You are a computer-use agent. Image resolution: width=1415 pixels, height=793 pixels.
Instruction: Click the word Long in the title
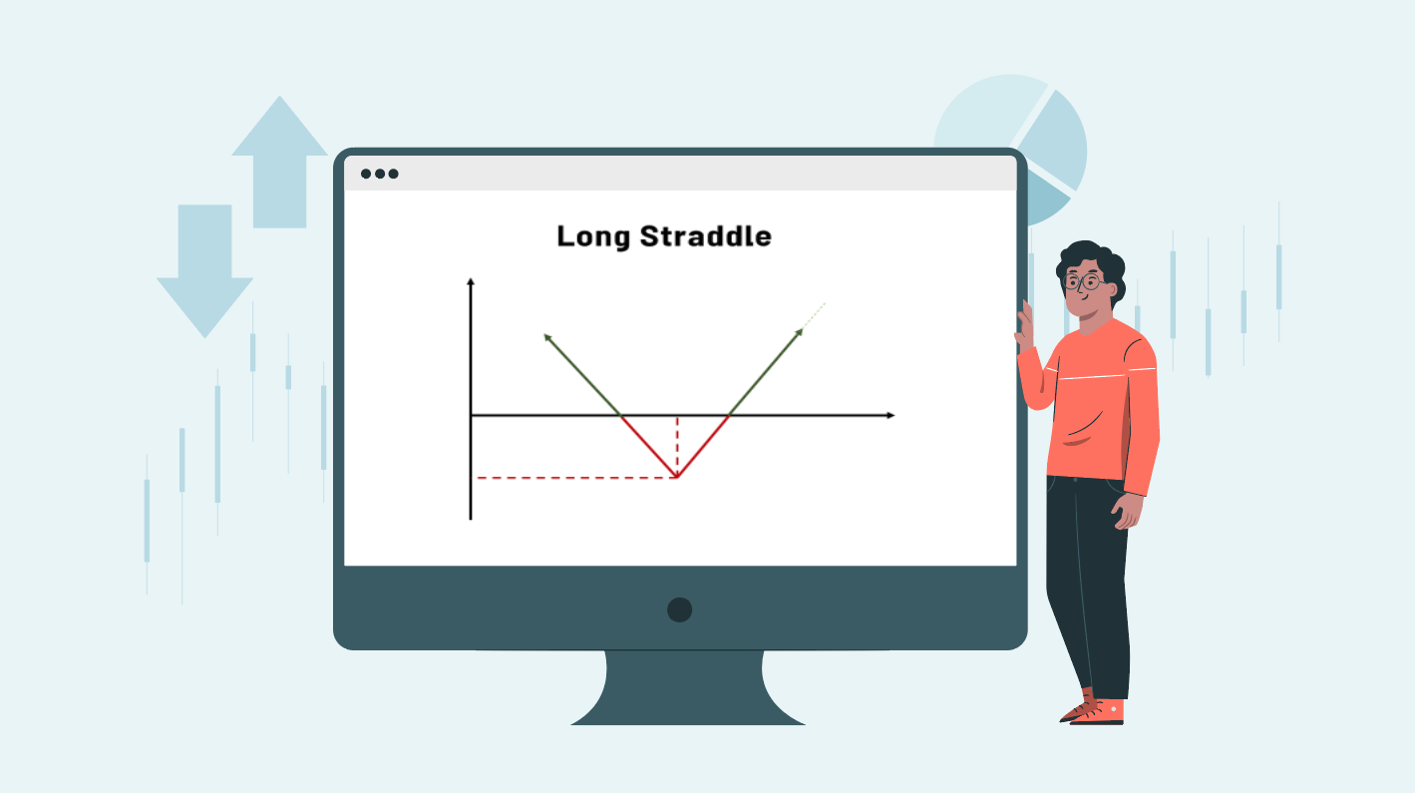coord(593,237)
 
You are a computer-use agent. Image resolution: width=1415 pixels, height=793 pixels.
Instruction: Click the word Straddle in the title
coord(706,235)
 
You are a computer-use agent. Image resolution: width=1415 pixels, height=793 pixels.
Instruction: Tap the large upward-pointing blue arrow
coord(280,162)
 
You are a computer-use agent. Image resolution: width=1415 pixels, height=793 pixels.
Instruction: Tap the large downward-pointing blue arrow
coord(204,271)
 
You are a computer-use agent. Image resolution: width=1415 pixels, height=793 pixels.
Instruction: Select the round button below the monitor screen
coord(680,609)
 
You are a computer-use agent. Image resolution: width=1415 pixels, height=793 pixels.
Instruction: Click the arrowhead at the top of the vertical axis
coord(471,281)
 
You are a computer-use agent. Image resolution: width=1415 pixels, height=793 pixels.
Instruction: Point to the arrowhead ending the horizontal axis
coord(891,415)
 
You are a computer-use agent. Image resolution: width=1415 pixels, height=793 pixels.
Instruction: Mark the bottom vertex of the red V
coord(677,477)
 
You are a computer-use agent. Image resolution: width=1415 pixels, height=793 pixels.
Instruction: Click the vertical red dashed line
coord(677,446)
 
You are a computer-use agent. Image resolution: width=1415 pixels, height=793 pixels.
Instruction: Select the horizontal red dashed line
coord(576,478)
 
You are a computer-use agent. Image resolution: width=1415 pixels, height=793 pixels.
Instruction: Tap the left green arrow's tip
coord(545,336)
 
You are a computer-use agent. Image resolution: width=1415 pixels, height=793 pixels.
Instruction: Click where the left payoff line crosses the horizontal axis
coord(620,415)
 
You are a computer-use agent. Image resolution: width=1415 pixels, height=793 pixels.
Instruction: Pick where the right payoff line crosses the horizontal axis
coord(729,415)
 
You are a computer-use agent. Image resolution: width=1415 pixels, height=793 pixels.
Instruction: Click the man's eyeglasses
coord(1083,280)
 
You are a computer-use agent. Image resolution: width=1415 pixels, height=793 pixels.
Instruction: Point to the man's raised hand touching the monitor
coord(1024,323)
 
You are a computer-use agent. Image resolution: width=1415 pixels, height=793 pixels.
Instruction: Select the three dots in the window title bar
coord(380,174)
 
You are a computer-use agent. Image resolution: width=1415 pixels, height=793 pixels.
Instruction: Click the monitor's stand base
coord(687,688)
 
